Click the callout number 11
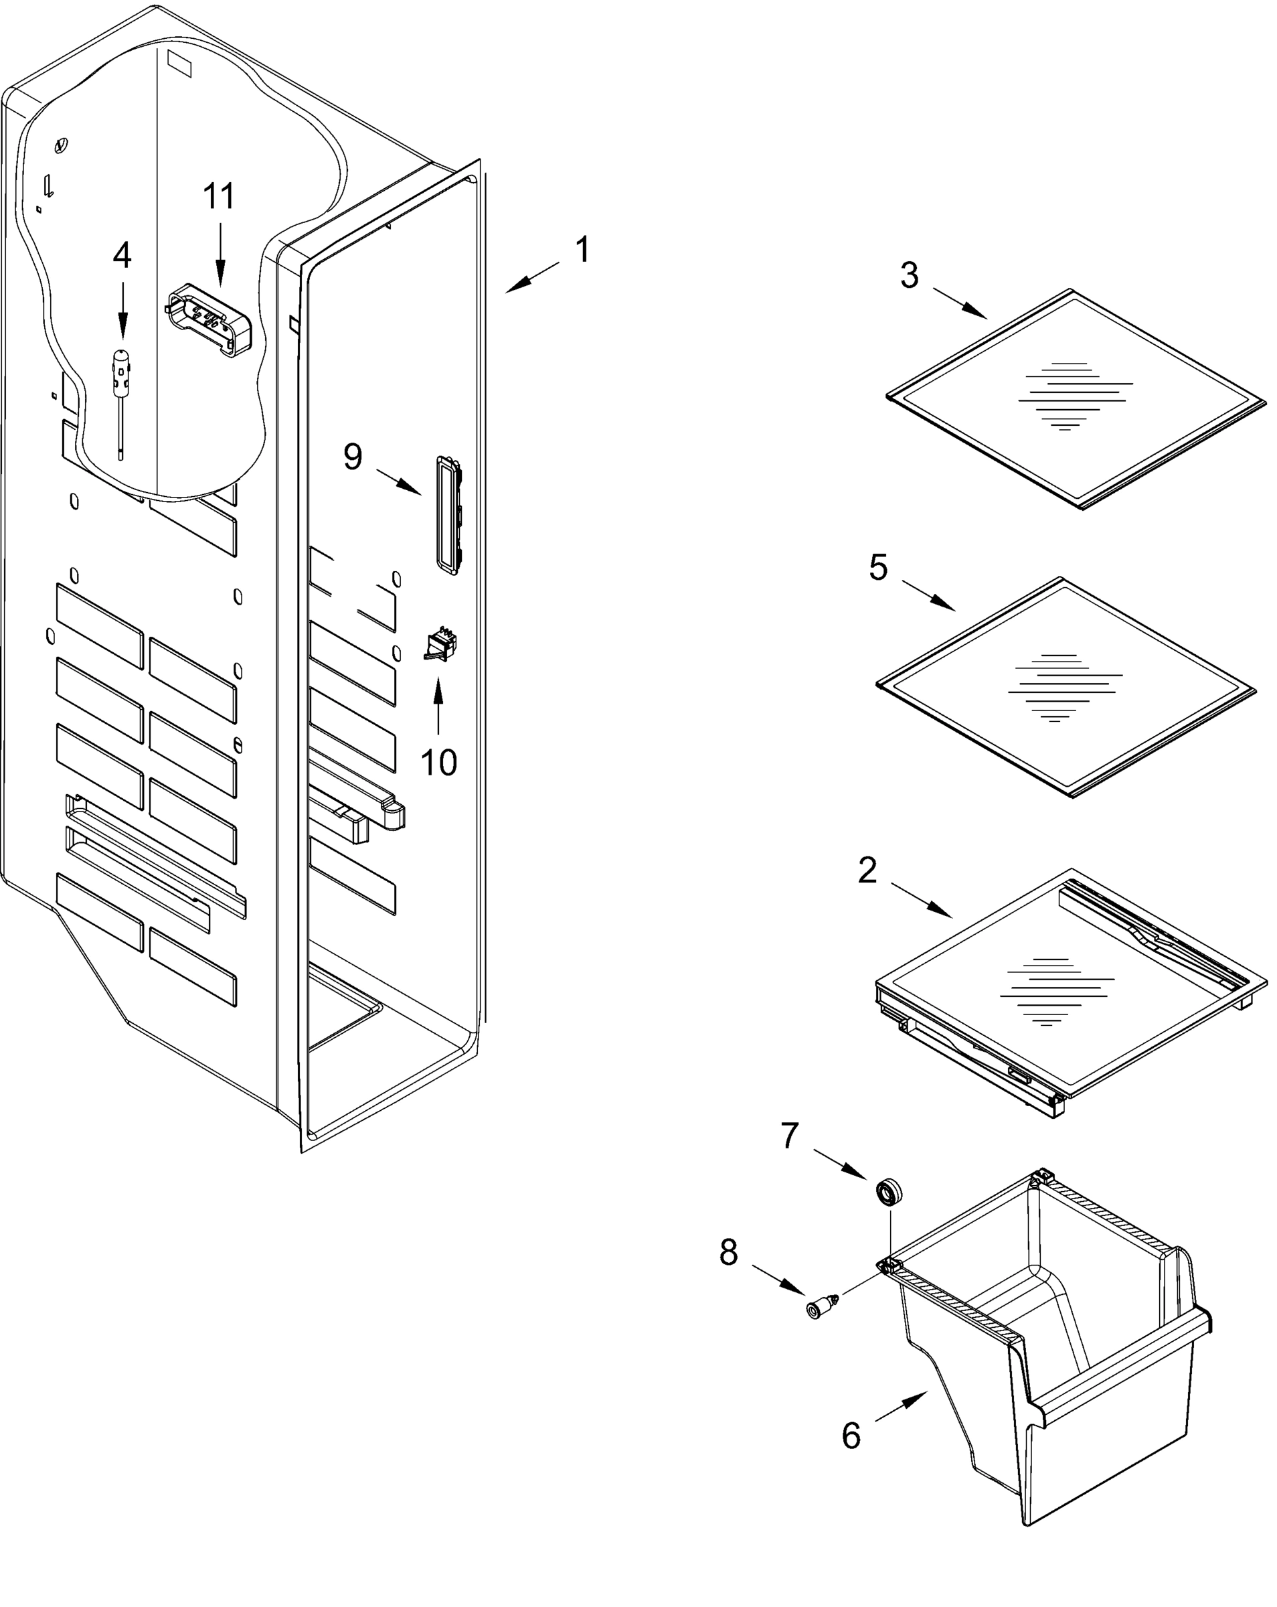click(x=219, y=197)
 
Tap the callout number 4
click(x=122, y=256)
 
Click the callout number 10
click(x=438, y=763)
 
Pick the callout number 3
click(x=909, y=276)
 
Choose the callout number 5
click(x=878, y=568)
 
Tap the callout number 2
click(x=867, y=870)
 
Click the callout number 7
click(x=790, y=1136)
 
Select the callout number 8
click(x=729, y=1253)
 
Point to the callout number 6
click(x=851, y=1436)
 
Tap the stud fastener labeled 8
click(x=821, y=1308)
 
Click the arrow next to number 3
click(x=960, y=303)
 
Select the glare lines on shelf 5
click(x=1064, y=687)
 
